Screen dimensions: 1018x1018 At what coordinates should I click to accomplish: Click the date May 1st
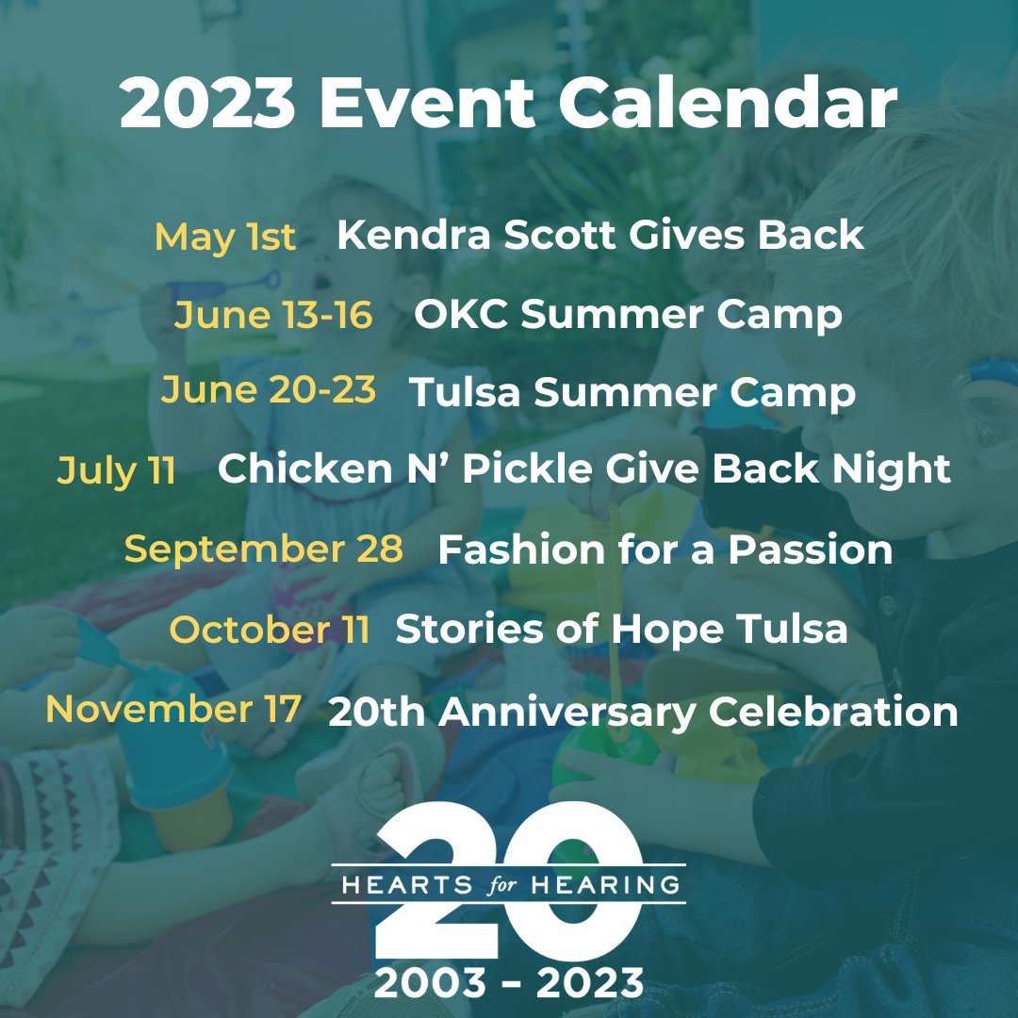pos(225,238)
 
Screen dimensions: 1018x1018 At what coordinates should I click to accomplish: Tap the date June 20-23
pos(268,390)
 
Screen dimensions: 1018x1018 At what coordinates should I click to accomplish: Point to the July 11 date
pos(117,469)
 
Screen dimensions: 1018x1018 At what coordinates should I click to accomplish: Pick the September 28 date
pos(264,549)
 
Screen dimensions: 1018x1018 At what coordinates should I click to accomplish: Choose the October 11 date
pos(270,630)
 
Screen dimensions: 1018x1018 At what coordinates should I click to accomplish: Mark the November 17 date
pos(174,709)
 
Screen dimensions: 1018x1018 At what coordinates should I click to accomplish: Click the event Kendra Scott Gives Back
pos(599,236)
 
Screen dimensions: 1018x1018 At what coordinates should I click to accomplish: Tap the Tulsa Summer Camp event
pos(632,392)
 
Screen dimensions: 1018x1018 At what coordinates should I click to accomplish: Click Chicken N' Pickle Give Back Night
pos(583,469)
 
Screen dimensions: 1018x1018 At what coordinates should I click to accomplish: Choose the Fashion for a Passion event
pos(665,550)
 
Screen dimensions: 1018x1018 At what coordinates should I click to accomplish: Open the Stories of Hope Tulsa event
pos(621,630)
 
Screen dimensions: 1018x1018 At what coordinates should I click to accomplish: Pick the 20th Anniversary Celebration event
pos(643,712)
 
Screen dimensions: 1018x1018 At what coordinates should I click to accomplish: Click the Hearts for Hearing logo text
pos(509,885)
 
